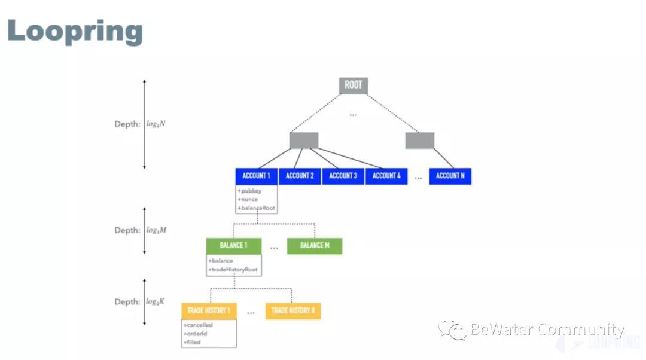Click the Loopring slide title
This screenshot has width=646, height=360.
point(75,31)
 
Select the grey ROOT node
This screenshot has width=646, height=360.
point(353,85)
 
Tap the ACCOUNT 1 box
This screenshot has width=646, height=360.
point(257,176)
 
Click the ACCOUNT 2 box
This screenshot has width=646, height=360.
point(300,176)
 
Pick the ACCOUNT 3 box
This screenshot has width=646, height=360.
point(343,176)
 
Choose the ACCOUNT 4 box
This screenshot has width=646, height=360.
point(386,176)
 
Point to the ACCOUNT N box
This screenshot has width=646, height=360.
point(450,176)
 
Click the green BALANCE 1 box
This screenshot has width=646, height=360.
point(231,246)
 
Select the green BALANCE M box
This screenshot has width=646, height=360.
point(315,246)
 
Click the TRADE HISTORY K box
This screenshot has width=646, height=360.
point(292,311)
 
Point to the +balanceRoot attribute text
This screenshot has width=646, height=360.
point(257,208)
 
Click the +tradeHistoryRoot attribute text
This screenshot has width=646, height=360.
point(234,270)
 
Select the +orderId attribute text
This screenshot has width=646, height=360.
point(196,334)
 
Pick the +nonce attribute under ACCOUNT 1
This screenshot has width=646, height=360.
point(248,199)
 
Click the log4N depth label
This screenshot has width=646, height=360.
point(157,124)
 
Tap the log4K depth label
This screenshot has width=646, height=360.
point(156,302)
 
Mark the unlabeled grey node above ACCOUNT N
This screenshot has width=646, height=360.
point(419,141)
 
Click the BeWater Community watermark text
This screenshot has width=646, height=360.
point(547,330)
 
